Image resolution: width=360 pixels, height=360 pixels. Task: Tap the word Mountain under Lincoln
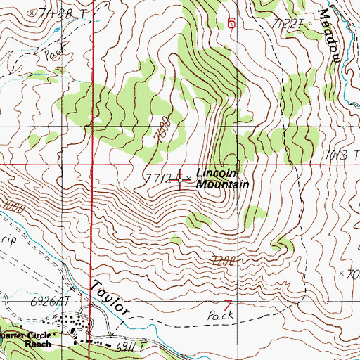tap(223, 184)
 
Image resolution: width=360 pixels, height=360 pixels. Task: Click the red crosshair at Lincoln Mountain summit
tap(181, 181)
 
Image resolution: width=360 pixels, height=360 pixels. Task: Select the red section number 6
tap(231, 22)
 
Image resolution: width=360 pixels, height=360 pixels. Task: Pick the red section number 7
tap(226, 304)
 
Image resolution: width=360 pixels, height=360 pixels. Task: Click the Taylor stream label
tap(110, 298)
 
